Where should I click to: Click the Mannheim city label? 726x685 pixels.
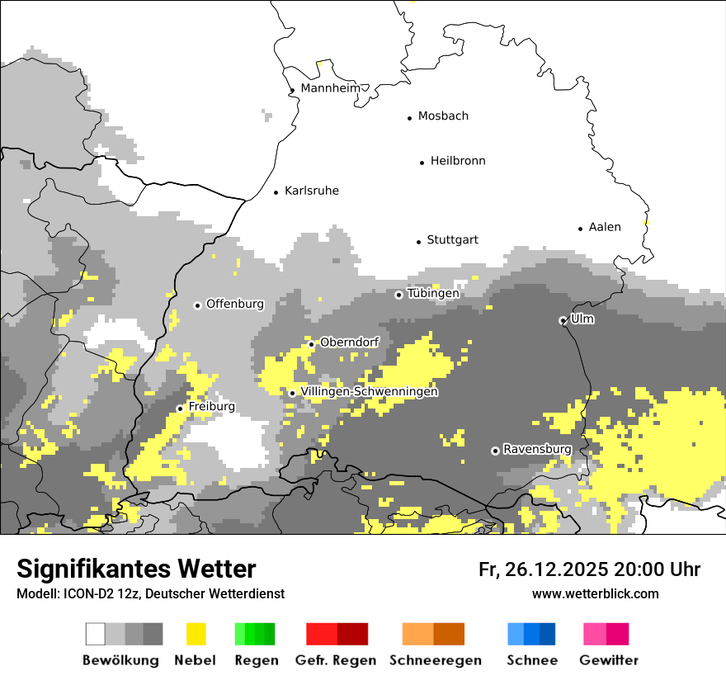click(331, 88)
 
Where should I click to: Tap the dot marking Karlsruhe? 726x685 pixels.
click(276, 192)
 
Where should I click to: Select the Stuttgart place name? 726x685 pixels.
click(452, 240)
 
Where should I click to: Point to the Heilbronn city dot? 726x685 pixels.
click(422, 163)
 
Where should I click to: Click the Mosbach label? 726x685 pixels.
click(443, 116)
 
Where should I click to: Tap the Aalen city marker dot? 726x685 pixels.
click(580, 229)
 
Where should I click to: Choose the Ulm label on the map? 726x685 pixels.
click(582, 319)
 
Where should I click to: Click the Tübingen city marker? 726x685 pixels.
click(399, 295)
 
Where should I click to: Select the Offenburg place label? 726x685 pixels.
click(234, 304)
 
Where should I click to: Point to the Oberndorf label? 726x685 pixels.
click(349, 342)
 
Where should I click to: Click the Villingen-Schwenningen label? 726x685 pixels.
click(369, 392)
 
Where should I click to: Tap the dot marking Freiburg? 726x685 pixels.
click(180, 409)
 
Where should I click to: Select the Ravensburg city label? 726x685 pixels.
click(537, 449)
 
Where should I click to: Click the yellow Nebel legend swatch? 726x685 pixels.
click(196, 634)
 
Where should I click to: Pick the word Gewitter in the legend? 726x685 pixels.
click(609, 660)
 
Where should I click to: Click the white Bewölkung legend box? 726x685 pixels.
click(96, 634)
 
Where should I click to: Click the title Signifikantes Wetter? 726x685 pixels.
click(136, 569)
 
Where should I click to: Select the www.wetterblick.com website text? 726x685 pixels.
click(595, 593)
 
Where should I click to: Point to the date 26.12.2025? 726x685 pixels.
click(554, 569)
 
